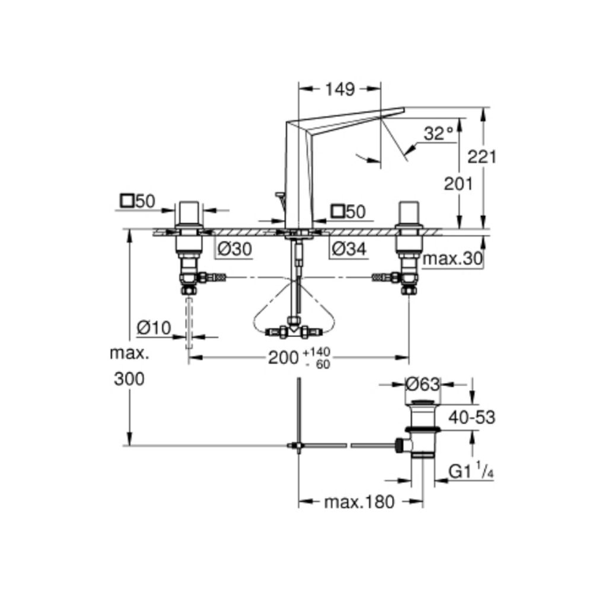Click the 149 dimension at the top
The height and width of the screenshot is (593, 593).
[340, 90]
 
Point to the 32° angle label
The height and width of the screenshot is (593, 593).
[438, 133]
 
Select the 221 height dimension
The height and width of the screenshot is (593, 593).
[482, 157]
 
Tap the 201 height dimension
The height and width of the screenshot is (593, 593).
[458, 184]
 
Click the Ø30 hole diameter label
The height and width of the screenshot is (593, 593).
[235, 249]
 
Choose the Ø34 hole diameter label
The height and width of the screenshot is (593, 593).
[349, 249]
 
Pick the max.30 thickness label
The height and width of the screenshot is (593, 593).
[452, 259]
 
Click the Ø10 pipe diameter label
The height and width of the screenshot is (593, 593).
[154, 328]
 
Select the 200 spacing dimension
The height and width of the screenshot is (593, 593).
[283, 358]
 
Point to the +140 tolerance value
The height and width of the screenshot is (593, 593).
[317, 352]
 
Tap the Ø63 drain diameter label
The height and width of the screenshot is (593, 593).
[422, 385]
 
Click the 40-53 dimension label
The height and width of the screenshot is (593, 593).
[471, 417]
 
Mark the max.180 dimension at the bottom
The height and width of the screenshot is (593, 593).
[359, 502]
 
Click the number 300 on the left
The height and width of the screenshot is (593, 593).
[129, 379]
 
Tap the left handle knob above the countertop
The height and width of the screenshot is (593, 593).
[189, 213]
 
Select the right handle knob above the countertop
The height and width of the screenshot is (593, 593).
[409, 213]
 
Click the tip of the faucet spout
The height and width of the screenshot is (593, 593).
[404, 109]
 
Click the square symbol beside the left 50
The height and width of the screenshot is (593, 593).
[127, 200]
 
